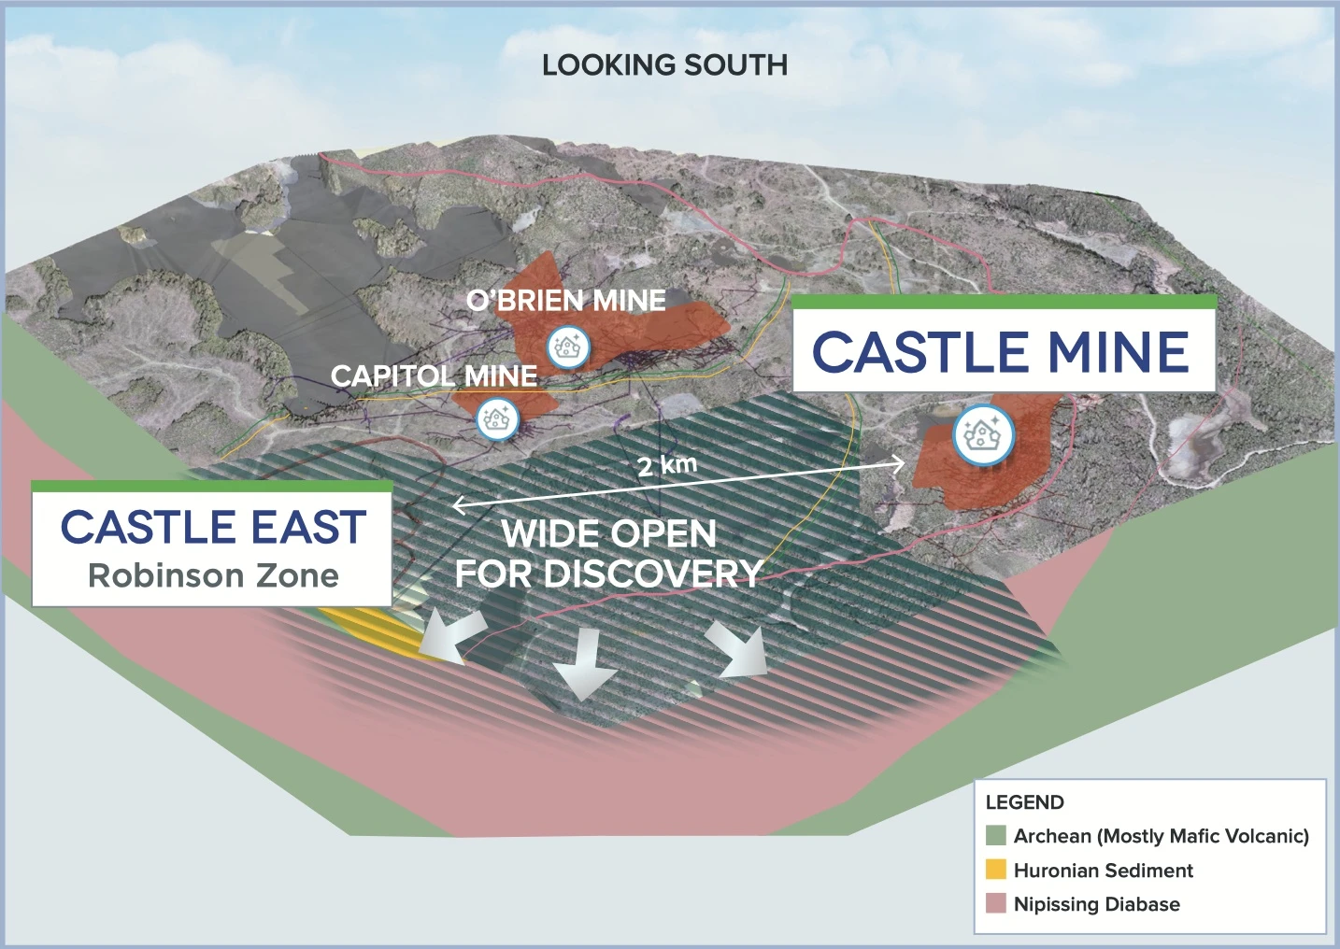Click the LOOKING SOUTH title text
(x=664, y=64)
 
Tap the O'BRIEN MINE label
(x=566, y=301)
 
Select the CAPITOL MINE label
(x=435, y=375)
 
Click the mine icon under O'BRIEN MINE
(x=568, y=347)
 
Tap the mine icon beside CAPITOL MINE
(x=497, y=419)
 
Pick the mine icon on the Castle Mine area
(x=983, y=434)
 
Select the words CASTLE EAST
(x=213, y=527)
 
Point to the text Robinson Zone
(x=213, y=575)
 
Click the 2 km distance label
(x=667, y=465)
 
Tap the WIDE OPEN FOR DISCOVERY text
(x=608, y=554)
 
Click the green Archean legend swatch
(x=996, y=836)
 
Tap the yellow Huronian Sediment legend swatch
(x=996, y=870)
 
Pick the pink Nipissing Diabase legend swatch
(x=996, y=904)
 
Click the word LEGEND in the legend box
(x=1024, y=802)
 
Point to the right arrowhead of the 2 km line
(x=900, y=462)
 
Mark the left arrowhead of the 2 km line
(x=459, y=504)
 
